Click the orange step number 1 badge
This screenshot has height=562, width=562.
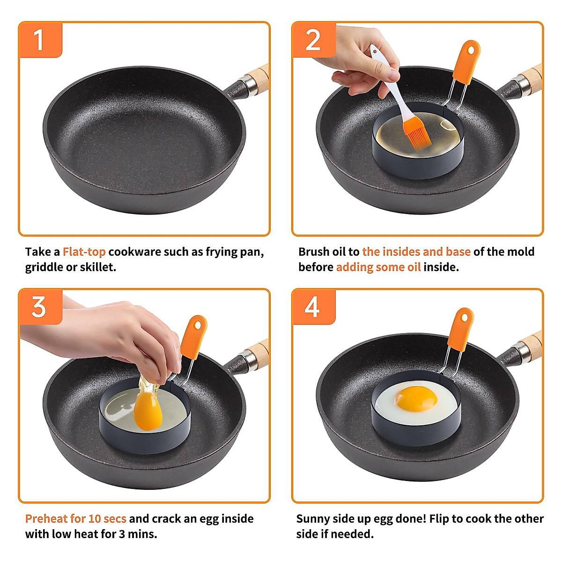coord(40,40)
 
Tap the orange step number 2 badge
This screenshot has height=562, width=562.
coord(313,40)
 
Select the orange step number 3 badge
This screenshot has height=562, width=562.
coord(40,307)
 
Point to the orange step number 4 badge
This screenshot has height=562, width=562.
coord(313,307)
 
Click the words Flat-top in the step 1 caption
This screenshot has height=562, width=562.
coord(84,252)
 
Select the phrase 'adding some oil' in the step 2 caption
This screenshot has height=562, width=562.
coord(378,267)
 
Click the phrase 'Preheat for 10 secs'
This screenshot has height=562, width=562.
coord(75,519)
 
